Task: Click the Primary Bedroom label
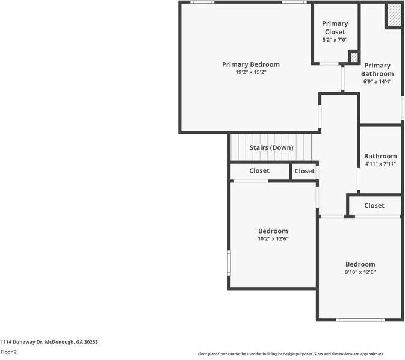251,64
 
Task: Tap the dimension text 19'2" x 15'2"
251,72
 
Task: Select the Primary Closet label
335,28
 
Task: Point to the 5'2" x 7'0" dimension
335,40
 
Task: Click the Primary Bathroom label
377,69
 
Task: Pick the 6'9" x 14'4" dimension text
377,81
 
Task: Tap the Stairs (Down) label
271,147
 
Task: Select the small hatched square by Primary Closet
354,57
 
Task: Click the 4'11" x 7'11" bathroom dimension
380,164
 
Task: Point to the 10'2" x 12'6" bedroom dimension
273,238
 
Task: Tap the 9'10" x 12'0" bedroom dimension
360,272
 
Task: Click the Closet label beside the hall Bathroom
374,205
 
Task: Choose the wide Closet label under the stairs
259,170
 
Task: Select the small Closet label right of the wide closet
305,171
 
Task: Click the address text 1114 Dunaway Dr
22,342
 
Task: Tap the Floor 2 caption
8,352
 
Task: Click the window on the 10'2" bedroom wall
229,263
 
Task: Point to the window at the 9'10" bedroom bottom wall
360,320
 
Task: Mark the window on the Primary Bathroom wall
403,108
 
